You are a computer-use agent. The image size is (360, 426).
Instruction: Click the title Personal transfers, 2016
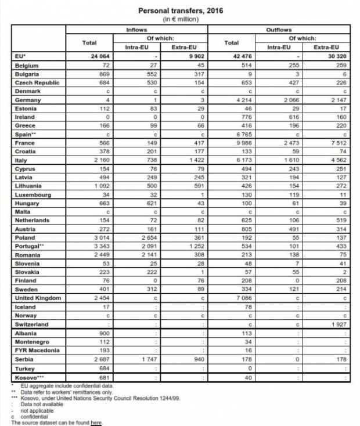point(179,10)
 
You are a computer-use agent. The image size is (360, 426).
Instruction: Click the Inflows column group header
point(138,29)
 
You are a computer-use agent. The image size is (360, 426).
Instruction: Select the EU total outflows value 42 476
point(245,57)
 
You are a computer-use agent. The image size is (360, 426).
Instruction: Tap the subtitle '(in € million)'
point(179,19)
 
